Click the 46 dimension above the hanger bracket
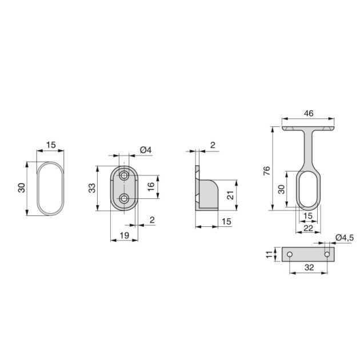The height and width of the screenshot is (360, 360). tap(308, 114)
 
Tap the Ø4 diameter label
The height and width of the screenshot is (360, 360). tap(145, 150)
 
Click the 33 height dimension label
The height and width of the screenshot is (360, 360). tap(92, 188)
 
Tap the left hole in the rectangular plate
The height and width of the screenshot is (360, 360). tap(290, 254)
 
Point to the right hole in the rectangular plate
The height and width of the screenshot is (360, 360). tap(327, 254)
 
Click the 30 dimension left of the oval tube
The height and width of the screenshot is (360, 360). tap(21, 188)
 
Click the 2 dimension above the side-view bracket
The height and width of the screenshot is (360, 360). tap(212, 145)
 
